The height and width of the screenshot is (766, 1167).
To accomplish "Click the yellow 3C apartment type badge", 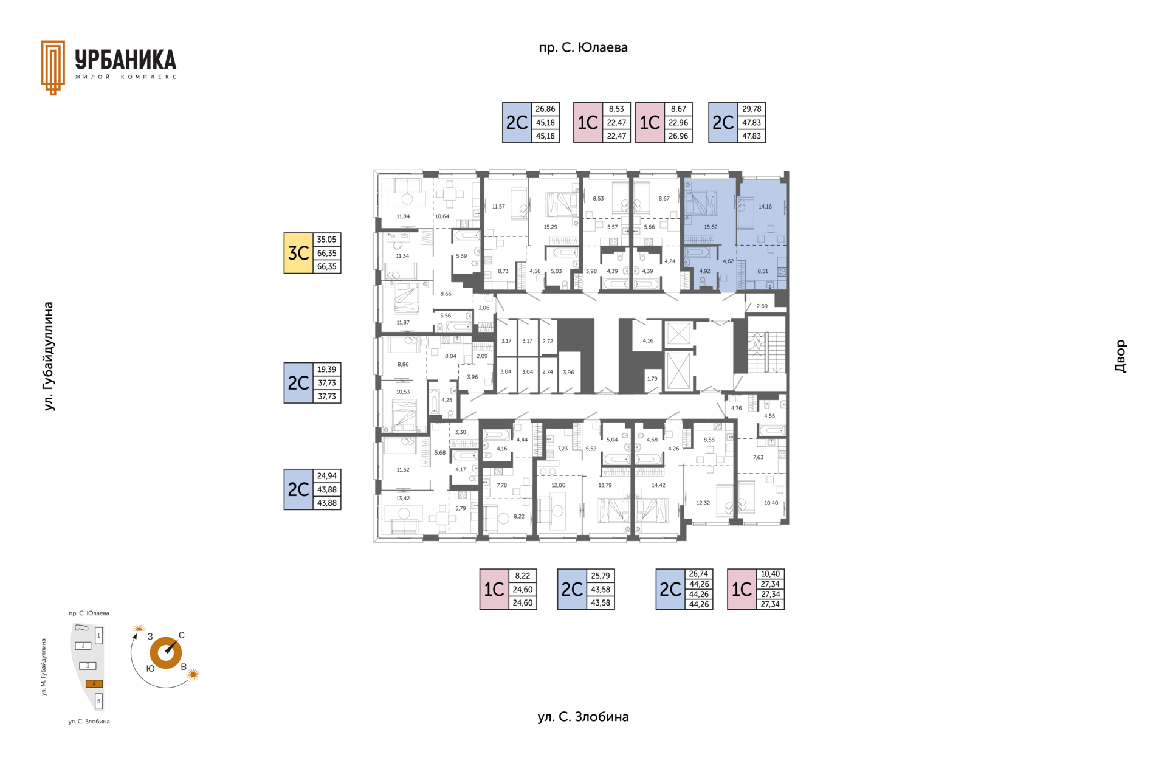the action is [298, 253].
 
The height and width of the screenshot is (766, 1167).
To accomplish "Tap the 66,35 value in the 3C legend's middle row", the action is [327, 253].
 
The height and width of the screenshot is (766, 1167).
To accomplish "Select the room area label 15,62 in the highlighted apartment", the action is [711, 227].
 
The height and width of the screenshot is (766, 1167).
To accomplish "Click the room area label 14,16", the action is [765, 207].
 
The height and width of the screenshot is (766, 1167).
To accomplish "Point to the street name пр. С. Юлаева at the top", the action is [583, 47].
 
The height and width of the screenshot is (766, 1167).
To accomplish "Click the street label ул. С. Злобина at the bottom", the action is [583, 717].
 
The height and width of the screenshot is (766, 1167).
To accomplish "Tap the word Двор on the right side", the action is [1120, 356].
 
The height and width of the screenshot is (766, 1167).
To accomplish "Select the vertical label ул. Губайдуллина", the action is [49, 356].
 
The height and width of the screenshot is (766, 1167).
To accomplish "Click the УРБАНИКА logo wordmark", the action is [126, 60].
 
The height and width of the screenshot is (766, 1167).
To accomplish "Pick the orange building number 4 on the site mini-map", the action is [94, 683].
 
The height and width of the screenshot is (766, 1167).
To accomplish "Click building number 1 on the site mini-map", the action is [99, 636].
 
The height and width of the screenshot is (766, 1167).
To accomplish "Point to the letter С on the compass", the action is [182, 635].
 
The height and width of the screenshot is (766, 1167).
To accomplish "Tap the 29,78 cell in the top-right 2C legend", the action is [752, 109].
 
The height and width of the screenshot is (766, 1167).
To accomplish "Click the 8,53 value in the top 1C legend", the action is [616, 109].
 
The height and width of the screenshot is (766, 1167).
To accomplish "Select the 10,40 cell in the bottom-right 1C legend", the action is [770, 574].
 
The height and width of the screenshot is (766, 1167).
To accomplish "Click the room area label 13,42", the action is [403, 499].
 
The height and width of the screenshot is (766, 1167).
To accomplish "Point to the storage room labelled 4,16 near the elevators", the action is [648, 341].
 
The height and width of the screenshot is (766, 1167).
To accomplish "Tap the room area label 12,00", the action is [558, 486].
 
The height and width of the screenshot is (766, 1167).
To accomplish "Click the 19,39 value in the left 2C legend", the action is [327, 370].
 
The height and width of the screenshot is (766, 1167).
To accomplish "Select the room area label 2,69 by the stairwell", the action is [762, 306].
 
